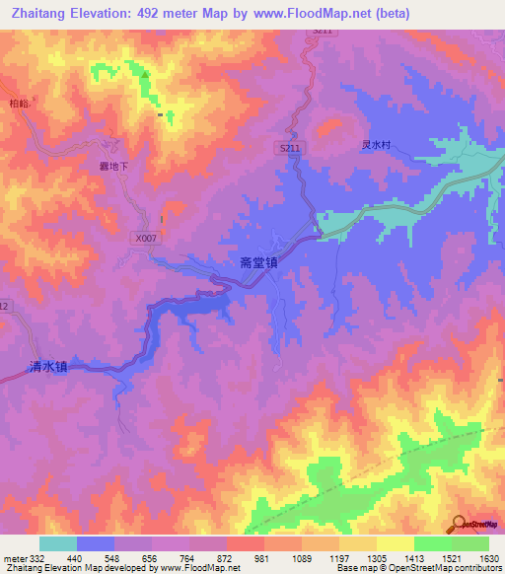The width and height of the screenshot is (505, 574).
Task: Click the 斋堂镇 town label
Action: (x=258, y=263)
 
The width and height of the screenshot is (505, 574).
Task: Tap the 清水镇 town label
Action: (x=47, y=367)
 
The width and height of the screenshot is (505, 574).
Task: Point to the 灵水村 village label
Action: (x=376, y=144)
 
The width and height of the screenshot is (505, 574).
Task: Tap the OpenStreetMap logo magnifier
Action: (x=459, y=523)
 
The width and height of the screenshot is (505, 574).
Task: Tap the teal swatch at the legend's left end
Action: (x=58, y=543)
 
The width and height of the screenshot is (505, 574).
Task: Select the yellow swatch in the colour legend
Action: (x=395, y=543)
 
